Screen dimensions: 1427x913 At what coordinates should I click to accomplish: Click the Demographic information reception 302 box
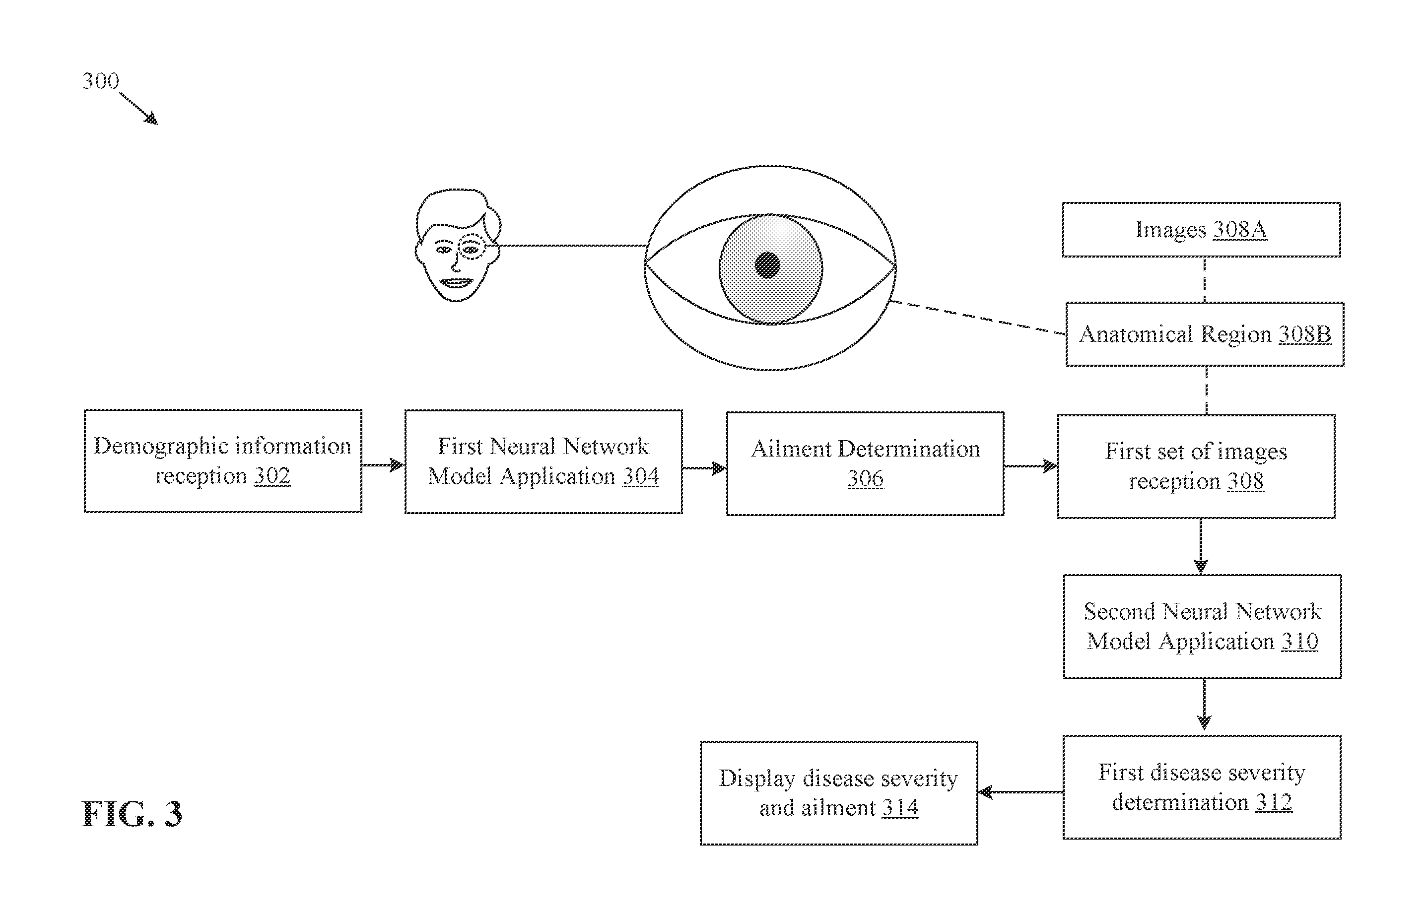click(x=223, y=460)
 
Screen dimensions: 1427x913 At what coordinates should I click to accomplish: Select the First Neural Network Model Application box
click(x=544, y=461)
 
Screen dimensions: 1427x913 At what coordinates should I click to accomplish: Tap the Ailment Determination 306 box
click(x=865, y=463)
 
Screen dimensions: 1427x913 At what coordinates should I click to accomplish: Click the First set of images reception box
click(x=1196, y=466)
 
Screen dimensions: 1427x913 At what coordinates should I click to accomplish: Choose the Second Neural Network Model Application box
click(x=1202, y=626)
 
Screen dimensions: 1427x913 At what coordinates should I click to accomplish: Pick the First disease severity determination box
click(x=1202, y=787)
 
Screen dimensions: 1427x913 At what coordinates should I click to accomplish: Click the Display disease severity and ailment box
click(x=839, y=792)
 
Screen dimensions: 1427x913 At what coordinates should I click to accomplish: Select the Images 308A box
click(x=1201, y=229)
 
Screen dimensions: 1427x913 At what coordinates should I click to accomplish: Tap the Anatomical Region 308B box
click(x=1205, y=334)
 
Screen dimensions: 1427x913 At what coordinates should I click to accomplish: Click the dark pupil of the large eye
click(x=768, y=265)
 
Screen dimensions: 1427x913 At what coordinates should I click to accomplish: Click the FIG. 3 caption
click(x=132, y=814)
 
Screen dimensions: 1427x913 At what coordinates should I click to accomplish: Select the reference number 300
click(x=101, y=80)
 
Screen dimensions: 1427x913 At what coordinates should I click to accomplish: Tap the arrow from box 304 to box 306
click(x=704, y=468)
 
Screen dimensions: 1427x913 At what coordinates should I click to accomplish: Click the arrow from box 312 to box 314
click(x=1020, y=792)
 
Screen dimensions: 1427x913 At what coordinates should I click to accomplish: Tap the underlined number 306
click(x=865, y=478)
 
